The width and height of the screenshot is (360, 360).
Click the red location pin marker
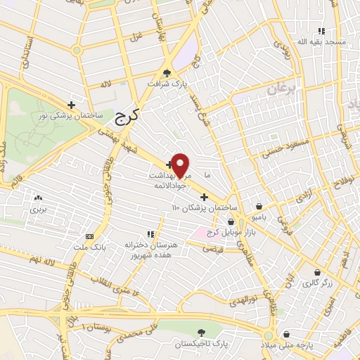(181, 165)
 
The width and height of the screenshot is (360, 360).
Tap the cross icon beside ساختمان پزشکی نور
(71, 105)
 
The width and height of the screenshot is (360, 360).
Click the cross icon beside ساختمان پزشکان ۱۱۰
(205, 197)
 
